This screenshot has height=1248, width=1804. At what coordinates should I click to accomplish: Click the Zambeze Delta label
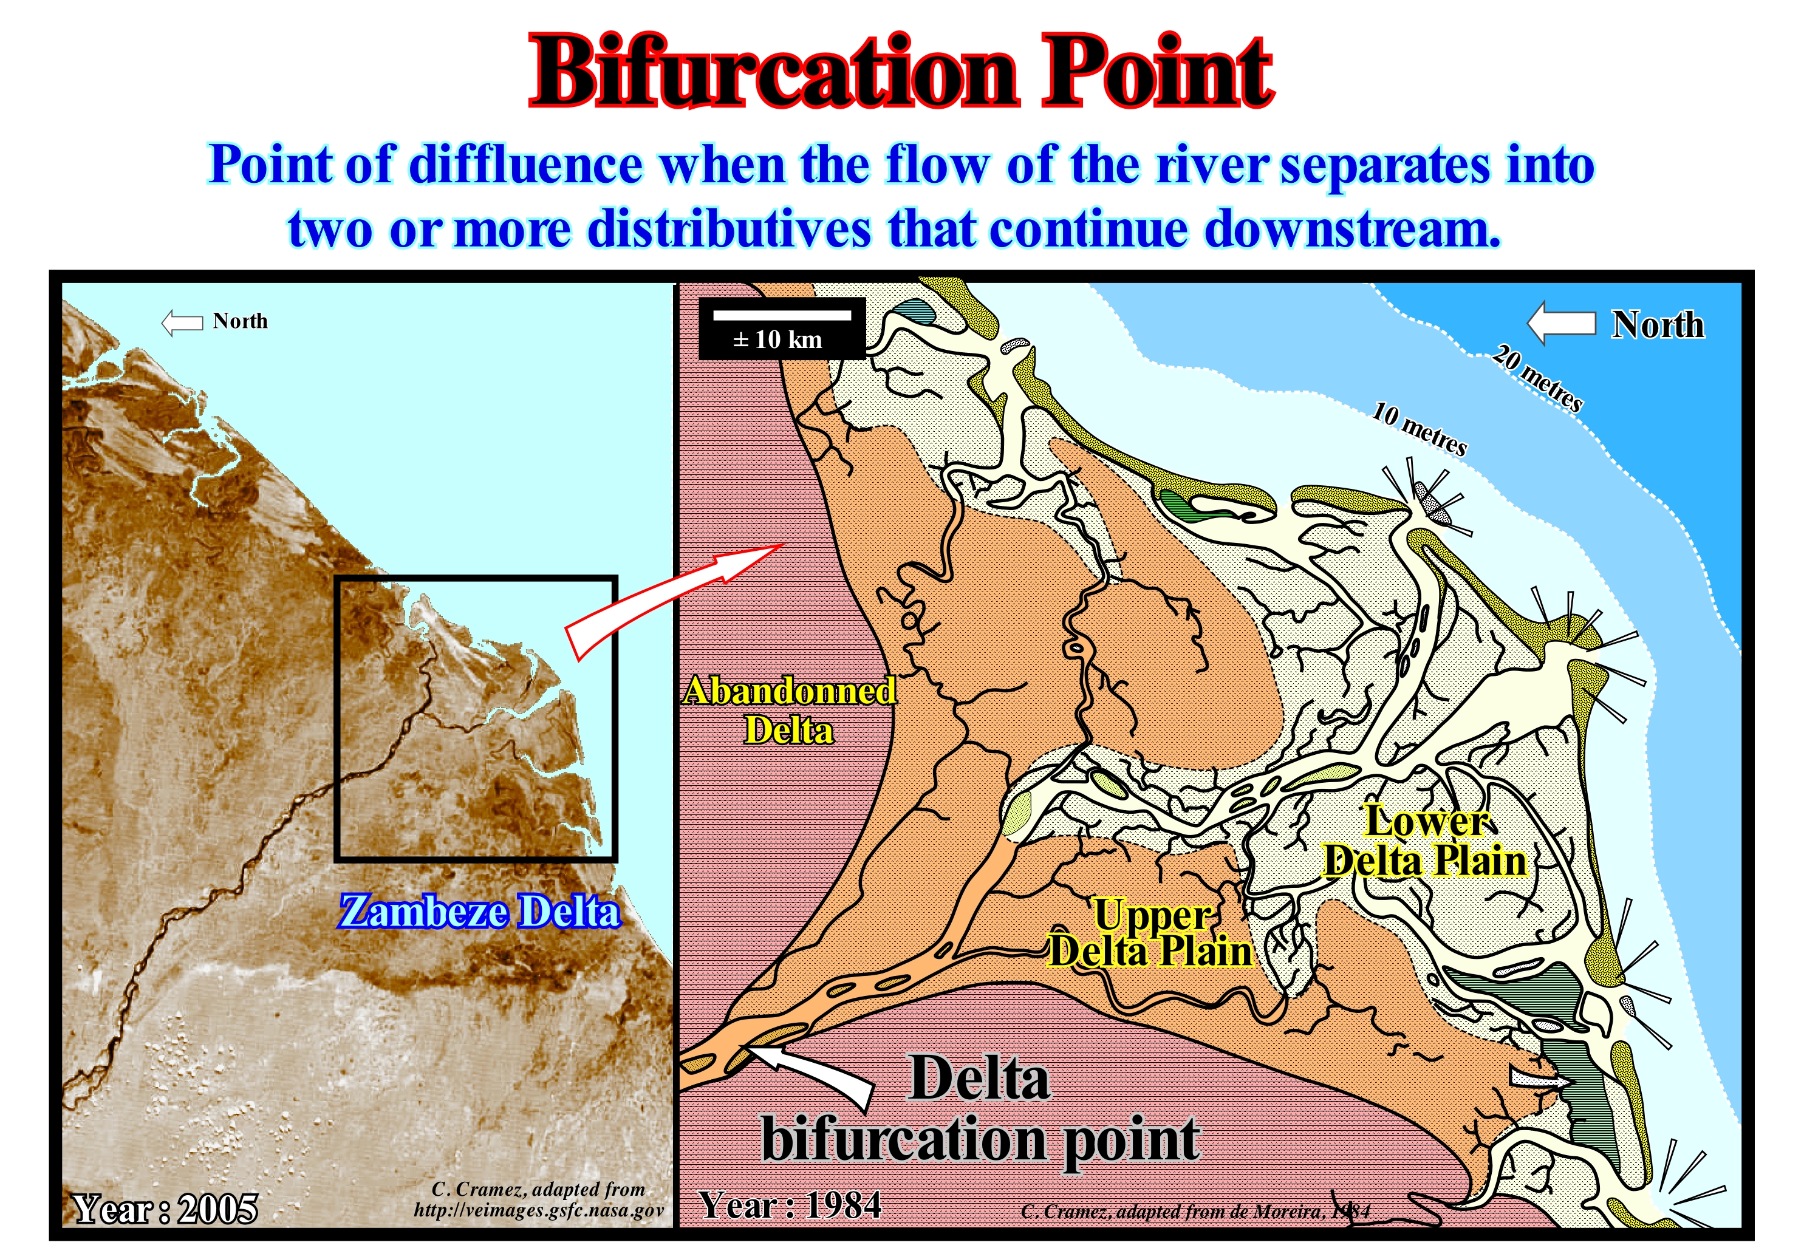(x=479, y=912)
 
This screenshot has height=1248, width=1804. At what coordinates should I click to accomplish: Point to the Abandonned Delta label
(x=789, y=711)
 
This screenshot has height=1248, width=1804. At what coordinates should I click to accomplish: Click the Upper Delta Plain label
(x=1151, y=933)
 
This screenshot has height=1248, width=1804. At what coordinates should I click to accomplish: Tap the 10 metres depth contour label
(x=1420, y=429)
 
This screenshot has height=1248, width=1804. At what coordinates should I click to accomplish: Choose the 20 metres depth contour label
(x=1537, y=378)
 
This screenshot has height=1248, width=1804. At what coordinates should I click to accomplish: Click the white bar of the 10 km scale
(x=782, y=315)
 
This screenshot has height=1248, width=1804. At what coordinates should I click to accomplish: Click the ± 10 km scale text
(x=778, y=339)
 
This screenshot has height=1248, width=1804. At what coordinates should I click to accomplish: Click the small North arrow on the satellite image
(x=182, y=322)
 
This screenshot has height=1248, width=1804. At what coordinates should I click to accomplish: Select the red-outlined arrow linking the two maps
(x=672, y=600)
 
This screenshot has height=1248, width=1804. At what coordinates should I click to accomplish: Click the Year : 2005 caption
(x=165, y=1209)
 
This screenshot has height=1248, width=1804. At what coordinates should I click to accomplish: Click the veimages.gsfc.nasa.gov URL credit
(x=539, y=1210)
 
